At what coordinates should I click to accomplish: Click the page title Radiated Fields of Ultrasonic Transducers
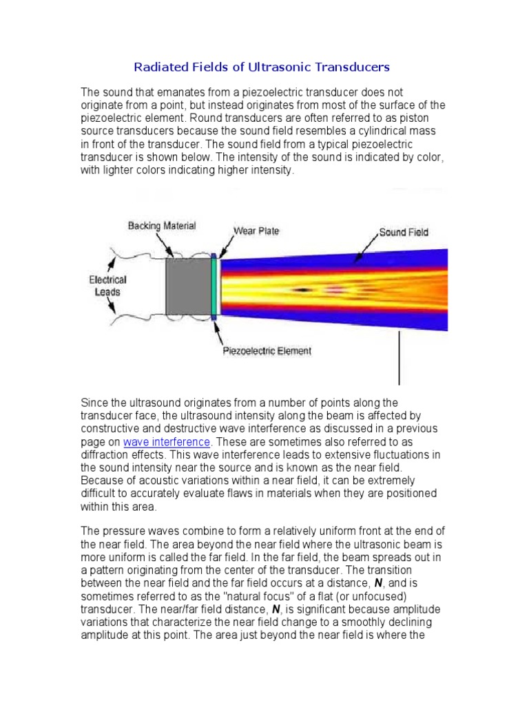(261, 67)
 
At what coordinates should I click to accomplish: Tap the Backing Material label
(161, 226)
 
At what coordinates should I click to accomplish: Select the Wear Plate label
(256, 231)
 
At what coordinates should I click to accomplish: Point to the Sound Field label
(404, 232)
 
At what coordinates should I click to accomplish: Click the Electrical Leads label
(108, 286)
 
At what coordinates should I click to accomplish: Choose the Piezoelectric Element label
(267, 351)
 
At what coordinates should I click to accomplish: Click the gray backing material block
(189, 288)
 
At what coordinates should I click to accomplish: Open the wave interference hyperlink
(166, 442)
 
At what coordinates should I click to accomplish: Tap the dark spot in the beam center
(302, 290)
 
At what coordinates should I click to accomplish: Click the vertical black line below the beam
(400, 358)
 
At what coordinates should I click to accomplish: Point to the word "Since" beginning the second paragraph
(94, 403)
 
